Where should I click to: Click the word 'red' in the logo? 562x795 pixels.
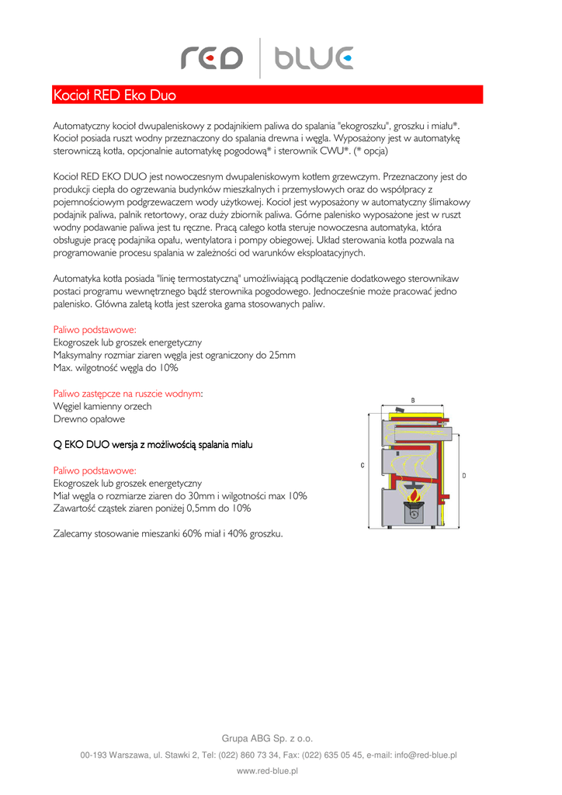coord(211,58)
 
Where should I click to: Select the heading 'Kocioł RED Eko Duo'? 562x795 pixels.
coord(114,95)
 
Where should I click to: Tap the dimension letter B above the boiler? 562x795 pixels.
coord(412,400)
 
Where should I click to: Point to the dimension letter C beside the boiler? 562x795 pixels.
coord(363,465)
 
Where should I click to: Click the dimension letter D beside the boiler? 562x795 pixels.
coord(463,474)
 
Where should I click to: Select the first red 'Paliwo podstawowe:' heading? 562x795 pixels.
coord(95,329)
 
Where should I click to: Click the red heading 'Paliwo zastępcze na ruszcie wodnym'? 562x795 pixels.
coord(127,394)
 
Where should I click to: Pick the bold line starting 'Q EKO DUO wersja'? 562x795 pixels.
coord(153,445)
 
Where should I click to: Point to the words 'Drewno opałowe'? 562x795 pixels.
coord(88,419)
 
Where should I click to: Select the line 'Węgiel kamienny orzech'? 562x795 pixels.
coord(102,406)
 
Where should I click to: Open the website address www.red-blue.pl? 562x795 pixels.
coord(267,771)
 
